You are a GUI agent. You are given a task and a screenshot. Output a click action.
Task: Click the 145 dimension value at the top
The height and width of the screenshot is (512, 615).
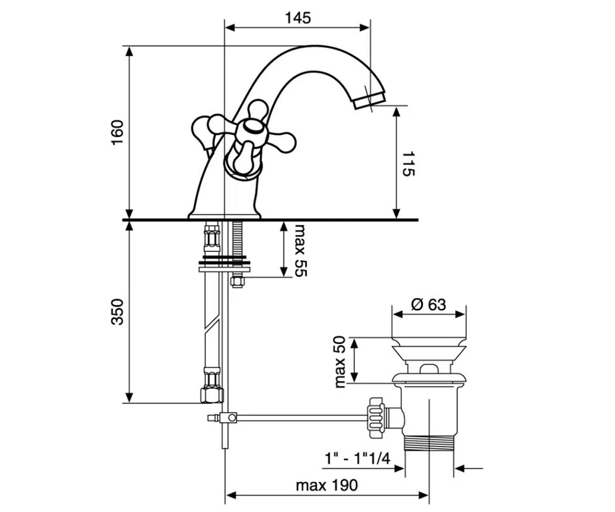pyautogui.click(x=298, y=18)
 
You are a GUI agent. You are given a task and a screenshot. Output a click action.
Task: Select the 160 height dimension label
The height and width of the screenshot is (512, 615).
pyautogui.click(x=117, y=132)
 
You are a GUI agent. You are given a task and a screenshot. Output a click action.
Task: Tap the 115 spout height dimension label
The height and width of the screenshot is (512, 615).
pyautogui.click(x=408, y=164)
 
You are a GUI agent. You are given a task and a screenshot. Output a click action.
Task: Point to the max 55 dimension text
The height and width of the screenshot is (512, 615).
pyautogui.click(x=301, y=250)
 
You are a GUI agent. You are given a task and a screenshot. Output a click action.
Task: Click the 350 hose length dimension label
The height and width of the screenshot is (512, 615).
pyautogui.click(x=117, y=312)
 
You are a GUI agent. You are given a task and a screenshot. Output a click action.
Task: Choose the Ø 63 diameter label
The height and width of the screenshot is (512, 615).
pyautogui.click(x=428, y=305)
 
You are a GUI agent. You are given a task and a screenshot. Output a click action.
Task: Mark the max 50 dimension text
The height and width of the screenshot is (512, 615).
pyautogui.click(x=340, y=362)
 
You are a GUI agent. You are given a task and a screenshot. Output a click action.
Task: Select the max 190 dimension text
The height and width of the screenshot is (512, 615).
pyautogui.click(x=326, y=485)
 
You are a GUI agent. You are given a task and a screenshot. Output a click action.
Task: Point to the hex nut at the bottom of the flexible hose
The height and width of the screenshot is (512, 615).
pyautogui.click(x=212, y=395)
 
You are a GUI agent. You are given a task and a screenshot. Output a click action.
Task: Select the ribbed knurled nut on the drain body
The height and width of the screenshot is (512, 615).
pyautogui.click(x=376, y=418)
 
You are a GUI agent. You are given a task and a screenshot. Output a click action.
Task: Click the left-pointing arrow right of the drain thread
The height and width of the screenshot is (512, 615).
pyautogui.click(x=468, y=468)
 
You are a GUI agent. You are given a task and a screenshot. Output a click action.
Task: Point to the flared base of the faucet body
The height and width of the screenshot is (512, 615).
pyautogui.click(x=224, y=216)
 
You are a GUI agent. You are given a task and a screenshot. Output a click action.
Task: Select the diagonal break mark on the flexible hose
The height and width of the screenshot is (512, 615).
pyautogui.click(x=212, y=324)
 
